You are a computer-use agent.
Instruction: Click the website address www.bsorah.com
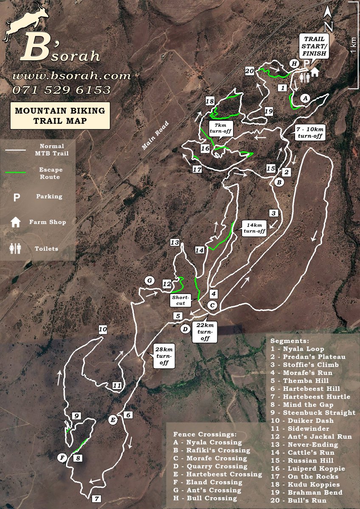coord(71,76)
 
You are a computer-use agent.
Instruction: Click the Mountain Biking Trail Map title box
coord(60,116)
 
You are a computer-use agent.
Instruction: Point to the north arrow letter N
coord(328,26)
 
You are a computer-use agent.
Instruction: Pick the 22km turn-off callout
coord(205,331)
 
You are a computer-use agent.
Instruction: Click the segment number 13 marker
coord(175,243)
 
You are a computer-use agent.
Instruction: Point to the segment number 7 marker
coord(97,498)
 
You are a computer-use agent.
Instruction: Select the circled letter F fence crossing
coord(62,458)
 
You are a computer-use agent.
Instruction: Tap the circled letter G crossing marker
coord(149,280)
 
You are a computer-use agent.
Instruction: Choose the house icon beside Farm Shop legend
coord(16,222)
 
